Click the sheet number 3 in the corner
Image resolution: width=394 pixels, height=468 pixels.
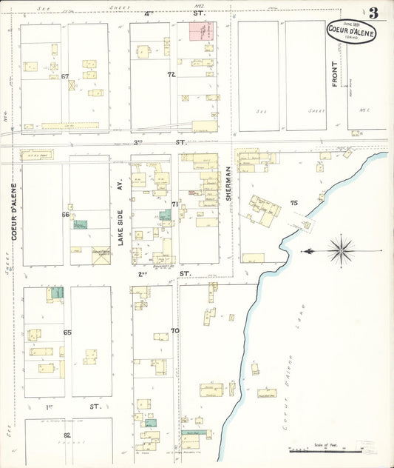tap(374, 13)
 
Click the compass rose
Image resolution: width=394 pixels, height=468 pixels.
tap(340, 250)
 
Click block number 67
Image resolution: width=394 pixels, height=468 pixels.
tap(65, 76)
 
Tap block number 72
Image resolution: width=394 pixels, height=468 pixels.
tap(171, 75)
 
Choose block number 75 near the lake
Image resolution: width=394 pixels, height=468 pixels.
tap(293, 202)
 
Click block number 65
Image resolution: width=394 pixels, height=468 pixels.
tap(67, 333)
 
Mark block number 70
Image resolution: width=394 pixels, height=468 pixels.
tap(175, 330)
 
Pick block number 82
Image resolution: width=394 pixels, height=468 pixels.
tap(67, 435)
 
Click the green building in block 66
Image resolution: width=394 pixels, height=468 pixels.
tap(79, 224)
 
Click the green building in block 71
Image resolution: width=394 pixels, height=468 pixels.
tap(165, 215)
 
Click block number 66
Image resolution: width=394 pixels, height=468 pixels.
tap(65, 215)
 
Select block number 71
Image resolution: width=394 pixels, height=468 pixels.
tap(175, 204)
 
